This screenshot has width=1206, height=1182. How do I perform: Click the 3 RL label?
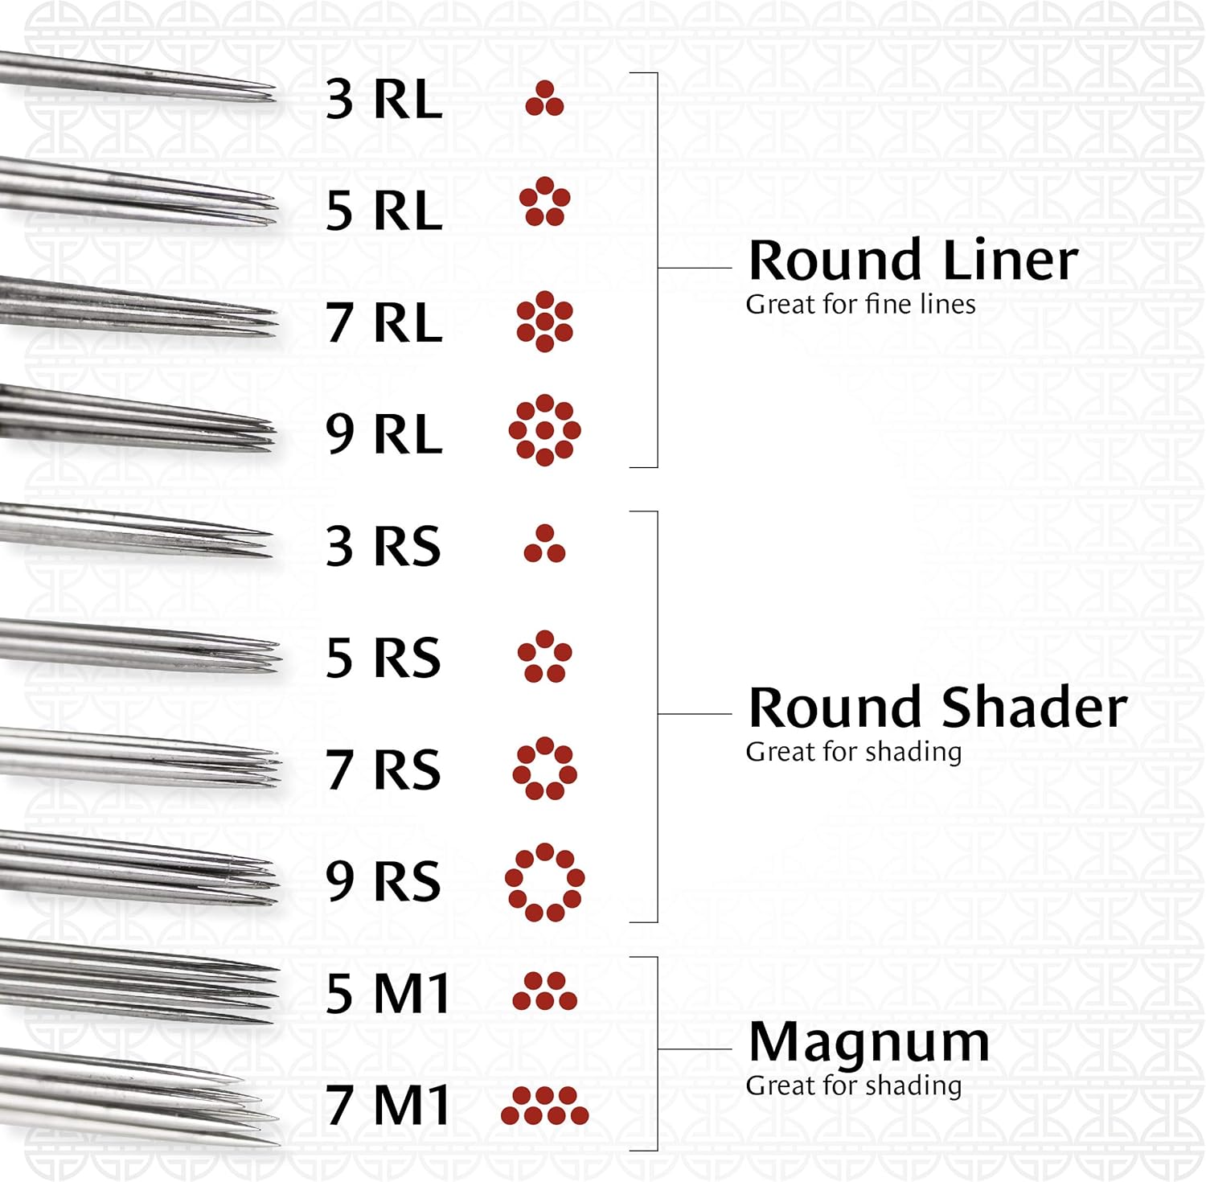(x=384, y=100)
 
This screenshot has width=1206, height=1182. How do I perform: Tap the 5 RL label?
(x=384, y=211)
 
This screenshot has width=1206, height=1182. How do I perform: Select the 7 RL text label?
(x=384, y=322)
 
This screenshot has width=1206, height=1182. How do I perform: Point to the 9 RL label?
(x=384, y=434)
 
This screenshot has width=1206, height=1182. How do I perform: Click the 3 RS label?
(x=383, y=546)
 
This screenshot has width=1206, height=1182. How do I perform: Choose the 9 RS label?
(x=383, y=880)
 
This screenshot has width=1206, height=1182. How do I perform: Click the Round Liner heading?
(x=913, y=261)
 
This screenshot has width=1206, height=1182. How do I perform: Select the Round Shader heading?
(x=937, y=708)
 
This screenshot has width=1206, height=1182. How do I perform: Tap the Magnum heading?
(x=868, y=1043)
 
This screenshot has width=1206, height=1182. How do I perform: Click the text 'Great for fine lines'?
(x=860, y=305)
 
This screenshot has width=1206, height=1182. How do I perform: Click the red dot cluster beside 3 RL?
(x=544, y=99)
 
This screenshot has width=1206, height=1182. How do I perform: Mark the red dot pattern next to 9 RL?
(x=544, y=430)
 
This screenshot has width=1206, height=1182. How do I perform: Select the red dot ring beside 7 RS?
(x=544, y=768)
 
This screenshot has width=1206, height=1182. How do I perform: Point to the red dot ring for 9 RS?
(x=544, y=881)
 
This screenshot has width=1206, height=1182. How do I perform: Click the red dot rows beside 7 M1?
(x=544, y=1106)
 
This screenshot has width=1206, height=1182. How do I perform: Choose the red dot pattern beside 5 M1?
(x=544, y=991)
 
